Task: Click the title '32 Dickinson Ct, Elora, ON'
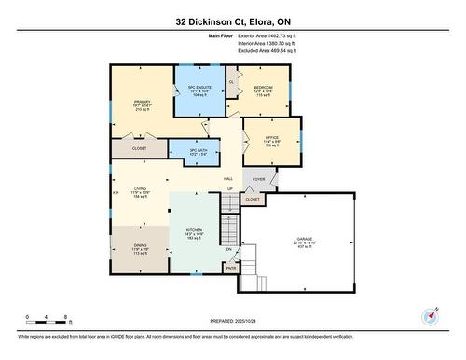(232, 20)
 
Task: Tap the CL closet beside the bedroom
(231, 82)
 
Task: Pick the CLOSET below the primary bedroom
(139, 148)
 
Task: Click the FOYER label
(258, 179)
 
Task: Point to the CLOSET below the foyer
(253, 199)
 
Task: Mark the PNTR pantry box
(230, 269)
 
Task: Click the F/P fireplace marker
(116, 195)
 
